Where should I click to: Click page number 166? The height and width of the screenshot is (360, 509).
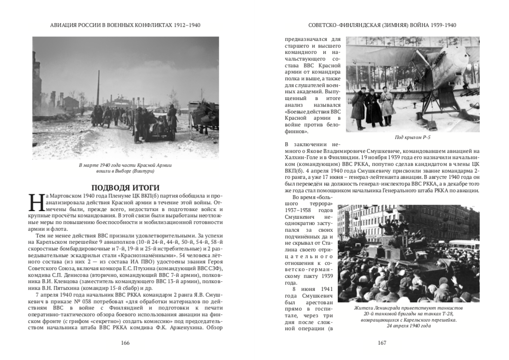(126, 343)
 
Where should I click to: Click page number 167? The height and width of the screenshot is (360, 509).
(382, 343)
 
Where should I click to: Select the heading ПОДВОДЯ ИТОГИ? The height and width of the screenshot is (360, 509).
(126, 187)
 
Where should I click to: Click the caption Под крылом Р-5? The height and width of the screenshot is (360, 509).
(412, 137)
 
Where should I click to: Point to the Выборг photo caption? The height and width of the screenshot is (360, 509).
(126, 168)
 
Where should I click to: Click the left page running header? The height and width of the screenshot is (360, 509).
(126, 25)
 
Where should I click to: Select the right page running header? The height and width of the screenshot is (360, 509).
(382, 25)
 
